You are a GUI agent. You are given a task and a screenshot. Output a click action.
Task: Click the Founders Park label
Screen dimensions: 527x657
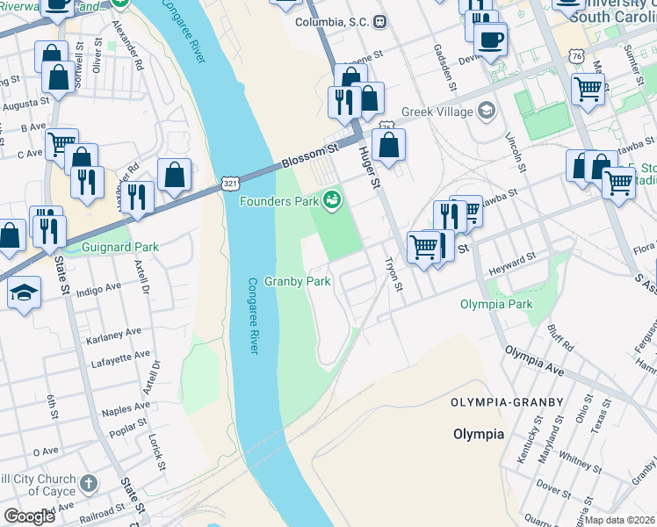(x=279, y=202)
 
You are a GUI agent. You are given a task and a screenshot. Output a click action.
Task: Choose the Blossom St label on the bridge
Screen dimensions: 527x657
(x=310, y=158)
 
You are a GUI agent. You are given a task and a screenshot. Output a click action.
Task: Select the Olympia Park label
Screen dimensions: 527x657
(x=496, y=305)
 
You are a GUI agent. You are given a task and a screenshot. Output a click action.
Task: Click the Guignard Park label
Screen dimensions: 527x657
(x=120, y=247)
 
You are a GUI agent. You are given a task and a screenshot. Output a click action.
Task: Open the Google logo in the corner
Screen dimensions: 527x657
(x=29, y=516)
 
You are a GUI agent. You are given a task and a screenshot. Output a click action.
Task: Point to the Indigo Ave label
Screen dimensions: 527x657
(x=99, y=289)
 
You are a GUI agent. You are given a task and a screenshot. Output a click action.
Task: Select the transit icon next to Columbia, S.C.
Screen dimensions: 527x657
(x=379, y=21)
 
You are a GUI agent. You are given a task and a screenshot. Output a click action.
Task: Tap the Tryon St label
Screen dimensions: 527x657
(x=394, y=275)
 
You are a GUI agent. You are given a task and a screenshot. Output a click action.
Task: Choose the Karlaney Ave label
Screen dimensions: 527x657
(x=113, y=335)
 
